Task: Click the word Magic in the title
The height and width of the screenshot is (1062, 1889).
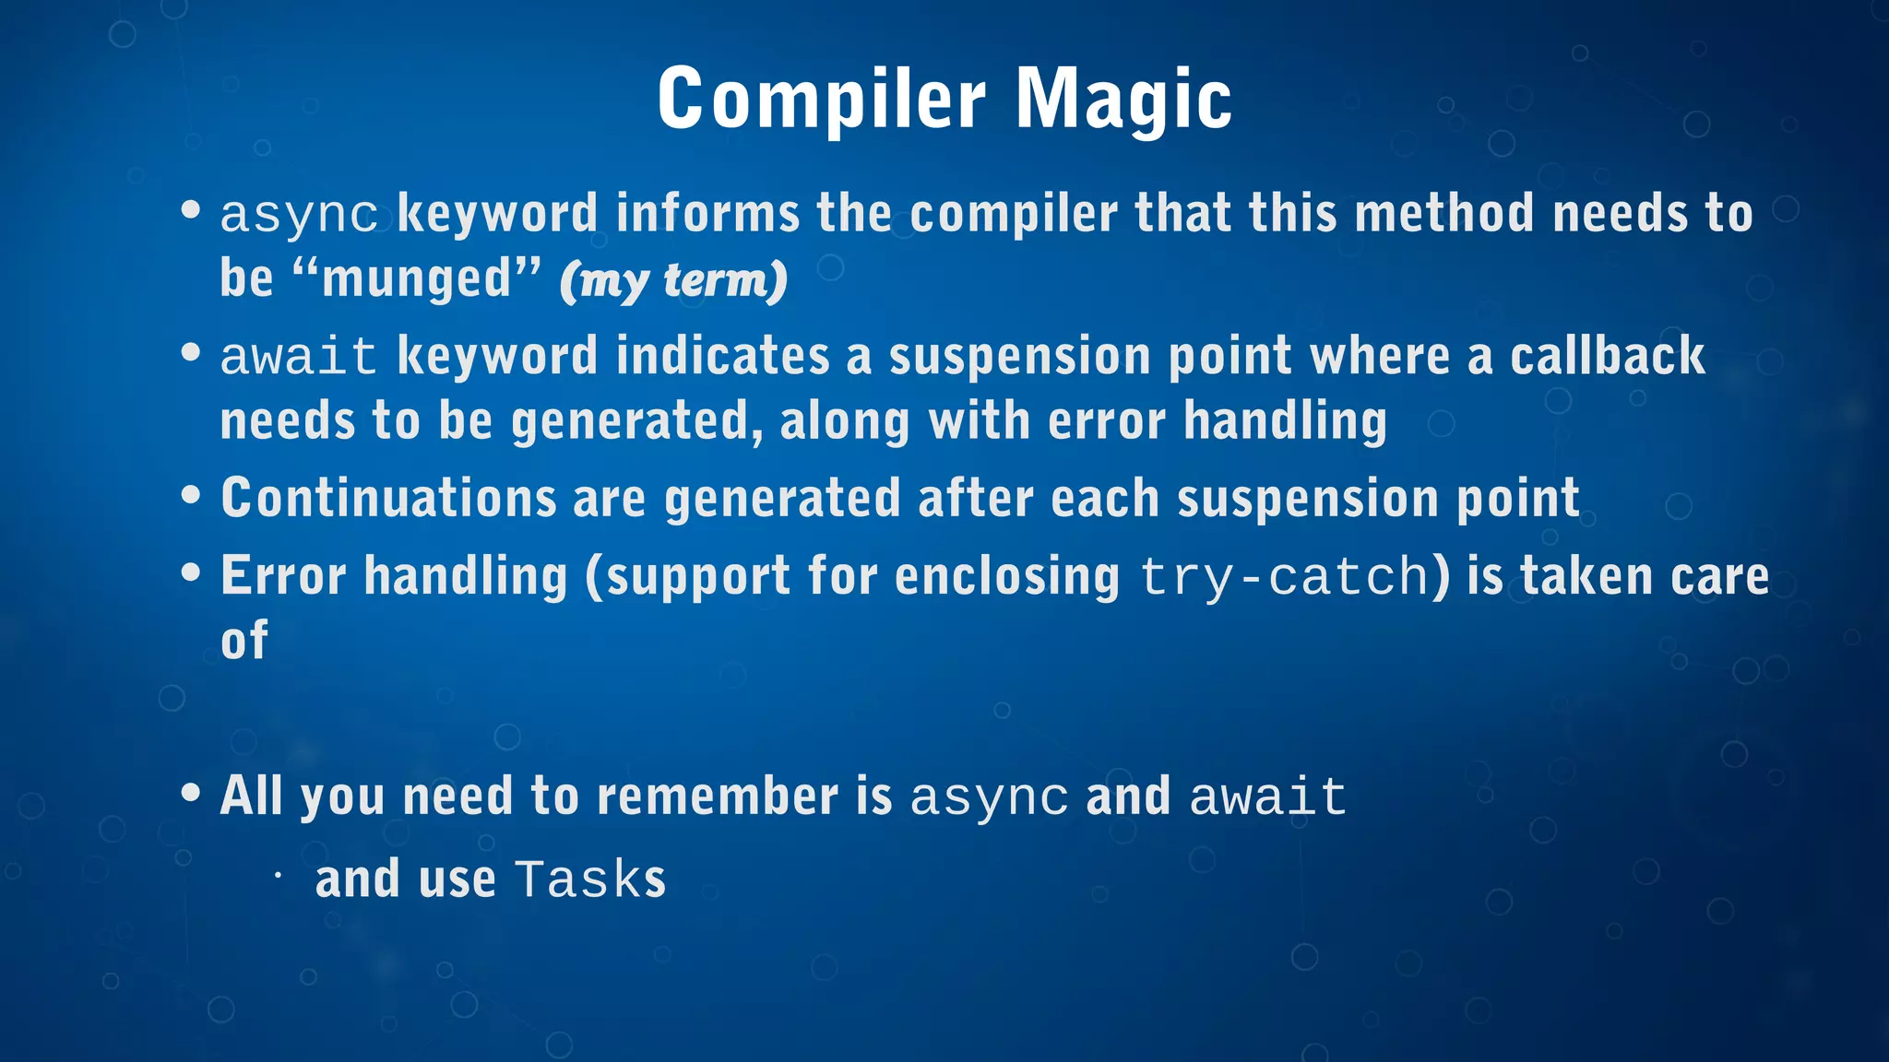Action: point(1123,100)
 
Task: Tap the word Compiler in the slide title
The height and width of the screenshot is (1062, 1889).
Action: point(822,100)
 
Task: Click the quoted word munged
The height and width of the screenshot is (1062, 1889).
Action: point(417,278)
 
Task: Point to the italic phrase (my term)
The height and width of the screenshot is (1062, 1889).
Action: point(674,280)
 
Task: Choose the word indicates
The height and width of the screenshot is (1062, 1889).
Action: point(722,357)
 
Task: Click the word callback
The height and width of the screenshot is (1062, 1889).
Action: point(1607,357)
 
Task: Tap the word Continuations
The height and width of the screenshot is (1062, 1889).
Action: point(388,499)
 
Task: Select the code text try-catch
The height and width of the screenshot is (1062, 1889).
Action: point(1285,578)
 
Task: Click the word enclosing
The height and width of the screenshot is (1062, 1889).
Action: point(1007,578)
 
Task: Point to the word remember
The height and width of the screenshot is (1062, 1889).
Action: point(718,796)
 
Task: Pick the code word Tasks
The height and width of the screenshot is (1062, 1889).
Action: point(590,879)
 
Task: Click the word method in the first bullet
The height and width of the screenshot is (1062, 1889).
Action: point(1445,214)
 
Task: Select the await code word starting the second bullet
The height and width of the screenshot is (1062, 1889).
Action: point(299,358)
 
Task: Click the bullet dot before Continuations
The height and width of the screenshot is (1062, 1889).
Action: point(191,495)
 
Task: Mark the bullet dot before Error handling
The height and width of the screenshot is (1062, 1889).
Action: point(191,573)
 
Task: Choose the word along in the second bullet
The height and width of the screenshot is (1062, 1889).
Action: point(845,422)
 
